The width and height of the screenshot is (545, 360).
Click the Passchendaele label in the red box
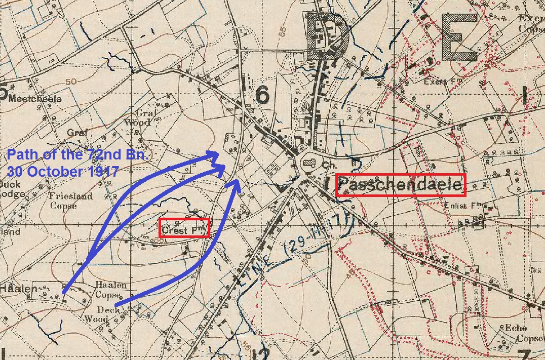pyautogui.click(x=400, y=185)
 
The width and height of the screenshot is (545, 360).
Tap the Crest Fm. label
pyautogui.click(x=183, y=231)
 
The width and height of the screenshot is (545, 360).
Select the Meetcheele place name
pyautogui.click(x=34, y=98)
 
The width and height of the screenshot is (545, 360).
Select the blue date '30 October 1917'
pyautogui.click(x=63, y=171)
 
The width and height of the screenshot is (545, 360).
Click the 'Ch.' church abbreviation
pyautogui.click(x=330, y=165)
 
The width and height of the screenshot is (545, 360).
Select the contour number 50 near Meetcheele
pyautogui.click(x=70, y=82)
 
